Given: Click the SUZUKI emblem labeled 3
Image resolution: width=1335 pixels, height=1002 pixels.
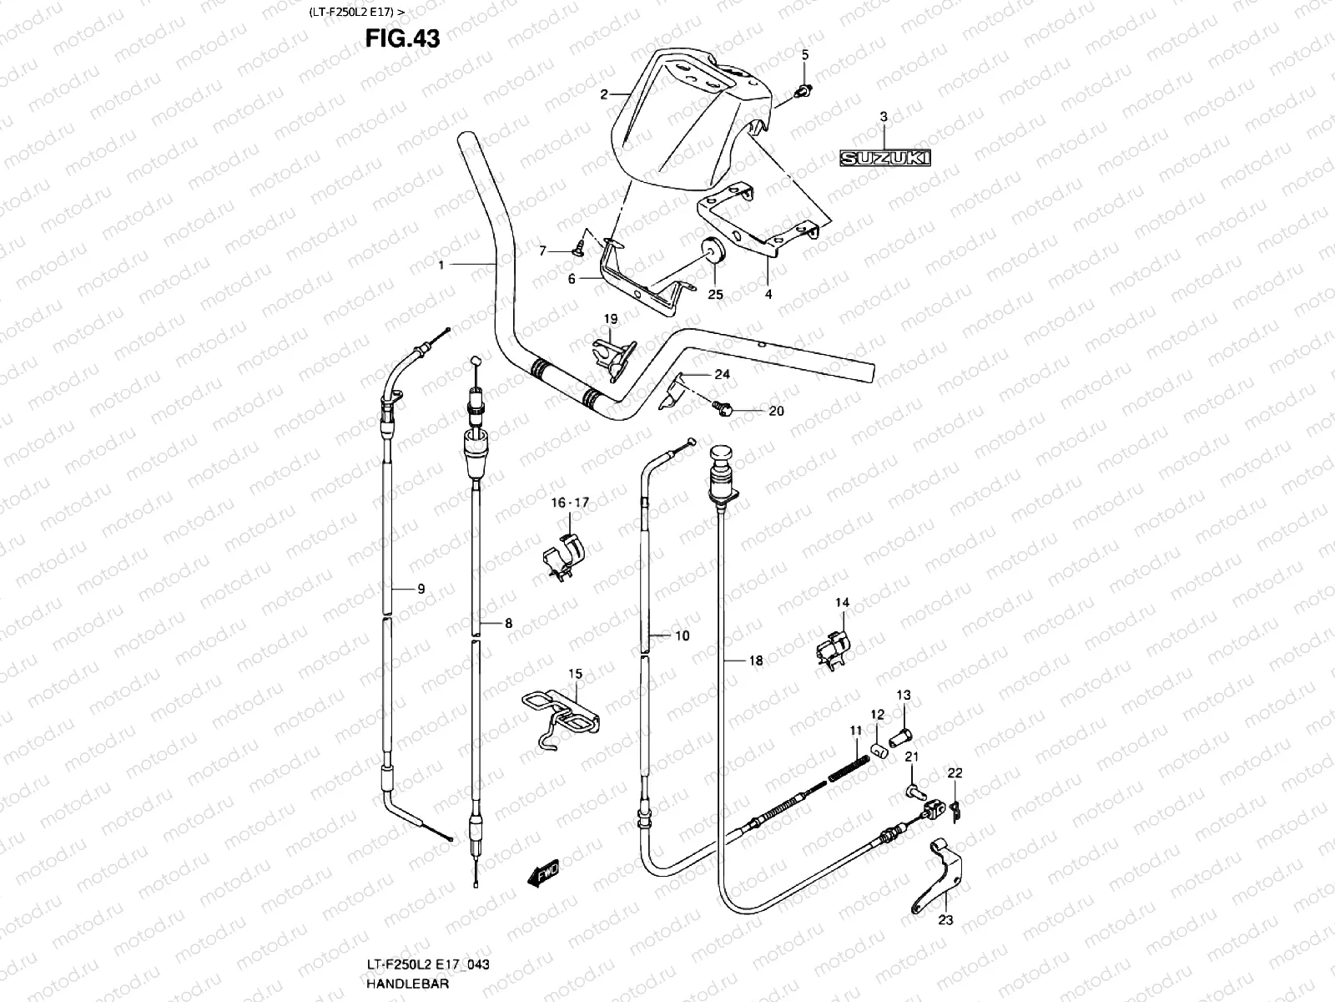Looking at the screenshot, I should (x=884, y=159).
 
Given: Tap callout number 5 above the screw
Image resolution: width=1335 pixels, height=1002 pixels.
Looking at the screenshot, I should (x=805, y=55).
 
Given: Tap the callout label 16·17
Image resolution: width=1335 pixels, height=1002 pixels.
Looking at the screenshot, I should (x=570, y=503).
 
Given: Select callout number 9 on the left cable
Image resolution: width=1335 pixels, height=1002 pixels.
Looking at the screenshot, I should (x=421, y=589).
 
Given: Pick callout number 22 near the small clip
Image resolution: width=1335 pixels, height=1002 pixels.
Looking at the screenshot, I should (x=955, y=774).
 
